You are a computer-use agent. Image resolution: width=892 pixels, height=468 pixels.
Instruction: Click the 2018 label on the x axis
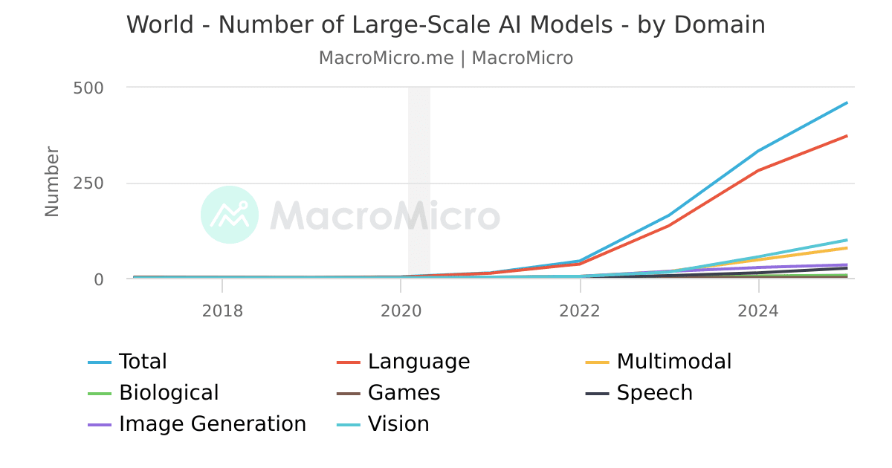coord(222,311)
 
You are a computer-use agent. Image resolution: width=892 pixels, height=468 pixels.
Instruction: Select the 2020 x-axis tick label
coord(401,311)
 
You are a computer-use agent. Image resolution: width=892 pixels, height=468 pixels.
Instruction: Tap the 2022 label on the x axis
coord(580,311)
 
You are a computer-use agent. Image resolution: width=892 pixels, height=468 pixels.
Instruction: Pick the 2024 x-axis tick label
coord(758,311)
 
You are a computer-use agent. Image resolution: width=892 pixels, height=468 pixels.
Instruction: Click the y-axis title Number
coord(52,182)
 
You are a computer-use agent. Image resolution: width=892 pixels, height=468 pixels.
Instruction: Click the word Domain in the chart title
coord(720,25)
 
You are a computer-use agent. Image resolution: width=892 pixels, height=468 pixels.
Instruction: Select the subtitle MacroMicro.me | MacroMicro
coord(446,58)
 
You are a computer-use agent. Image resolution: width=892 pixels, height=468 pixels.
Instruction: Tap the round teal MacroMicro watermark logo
coord(230,215)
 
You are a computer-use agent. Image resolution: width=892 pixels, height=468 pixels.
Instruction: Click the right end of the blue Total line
coord(847,103)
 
